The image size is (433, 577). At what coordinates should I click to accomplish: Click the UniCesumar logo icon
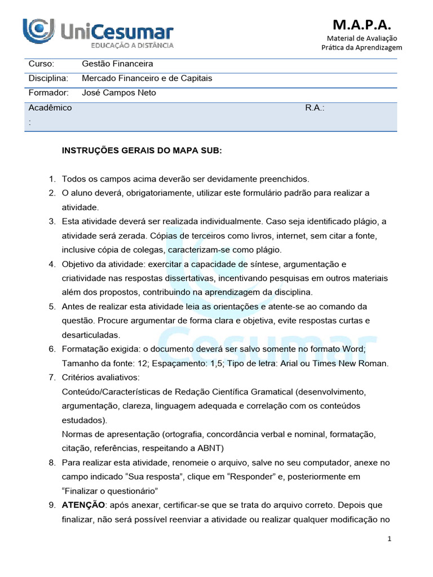pos(38,30)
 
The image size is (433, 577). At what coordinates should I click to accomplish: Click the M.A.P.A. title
pos(362,24)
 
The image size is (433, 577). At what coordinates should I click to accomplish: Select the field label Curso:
pos(41,64)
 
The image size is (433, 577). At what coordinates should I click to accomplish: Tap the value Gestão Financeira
pos(117,64)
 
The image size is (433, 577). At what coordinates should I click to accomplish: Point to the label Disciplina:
pos(48,78)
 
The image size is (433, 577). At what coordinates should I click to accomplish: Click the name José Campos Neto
pos(119,92)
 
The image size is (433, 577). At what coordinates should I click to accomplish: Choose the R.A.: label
pos(315,108)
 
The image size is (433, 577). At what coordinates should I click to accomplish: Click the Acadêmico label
pos(50,108)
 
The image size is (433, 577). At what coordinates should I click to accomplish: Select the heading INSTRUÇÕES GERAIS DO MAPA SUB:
pos(142,150)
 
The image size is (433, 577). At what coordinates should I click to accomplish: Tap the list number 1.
pos(51,179)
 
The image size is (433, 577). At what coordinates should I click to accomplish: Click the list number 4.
pos(51,264)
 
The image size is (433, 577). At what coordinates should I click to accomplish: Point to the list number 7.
pos(51,377)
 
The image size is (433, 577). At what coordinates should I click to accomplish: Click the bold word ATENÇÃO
pos(83,505)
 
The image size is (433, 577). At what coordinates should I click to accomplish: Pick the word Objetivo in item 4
pos(78,264)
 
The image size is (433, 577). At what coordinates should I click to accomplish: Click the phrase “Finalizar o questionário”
pos(110,491)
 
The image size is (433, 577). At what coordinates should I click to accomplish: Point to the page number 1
pos(389,539)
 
